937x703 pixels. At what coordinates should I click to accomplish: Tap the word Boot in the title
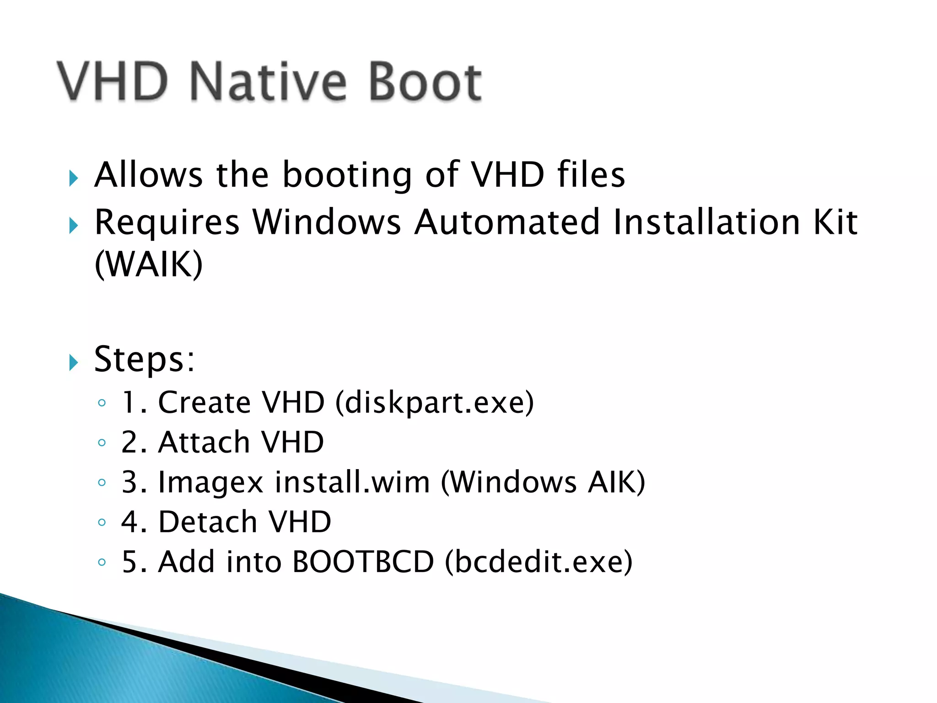click(x=425, y=82)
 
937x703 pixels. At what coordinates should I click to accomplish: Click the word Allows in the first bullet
click(x=148, y=175)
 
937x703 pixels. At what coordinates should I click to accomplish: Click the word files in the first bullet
click(x=591, y=175)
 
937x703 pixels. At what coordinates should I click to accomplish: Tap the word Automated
click(x=506, y=222)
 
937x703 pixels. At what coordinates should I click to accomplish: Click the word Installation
click(x=706, y=222)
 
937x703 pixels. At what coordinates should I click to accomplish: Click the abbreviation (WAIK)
click(x=148, y=265)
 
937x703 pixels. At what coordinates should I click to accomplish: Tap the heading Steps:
click(x=145, y=359)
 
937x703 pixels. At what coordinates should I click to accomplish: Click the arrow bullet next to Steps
click(x=74, y=362)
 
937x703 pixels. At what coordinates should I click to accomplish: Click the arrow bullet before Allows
click(x=74, y=178)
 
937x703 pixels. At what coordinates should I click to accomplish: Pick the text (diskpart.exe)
click(x=435, y=403)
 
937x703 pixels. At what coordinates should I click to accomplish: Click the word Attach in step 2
click(x=204, y=443)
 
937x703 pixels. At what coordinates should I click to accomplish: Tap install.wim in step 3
click(x=352, y=482)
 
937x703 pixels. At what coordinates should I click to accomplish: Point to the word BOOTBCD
click(x=363, y=562)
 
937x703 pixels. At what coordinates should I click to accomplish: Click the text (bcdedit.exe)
click(x=539, y=562)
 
